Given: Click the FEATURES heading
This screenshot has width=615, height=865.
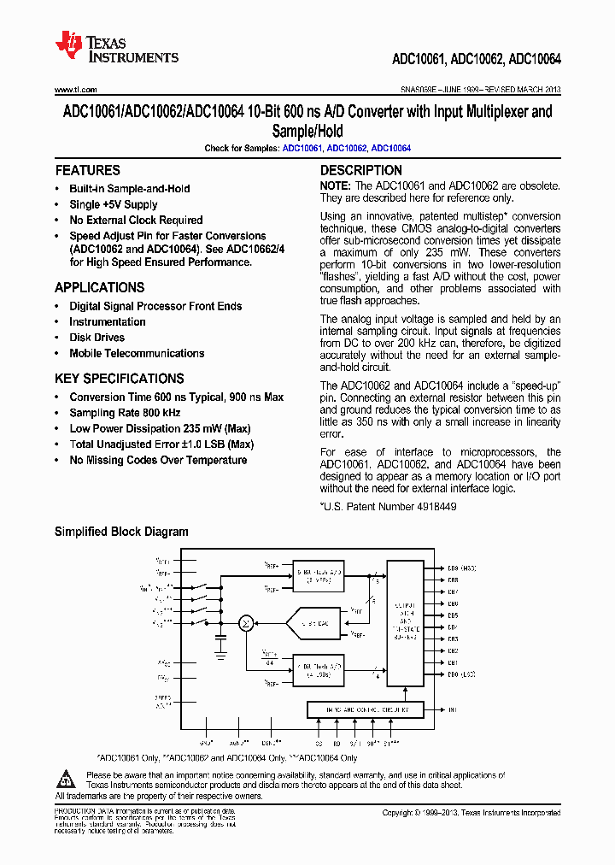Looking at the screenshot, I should [87, 170].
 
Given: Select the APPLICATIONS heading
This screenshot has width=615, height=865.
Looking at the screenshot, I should [99, 288].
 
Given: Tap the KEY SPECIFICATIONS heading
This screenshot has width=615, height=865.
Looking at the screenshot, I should [119, 379].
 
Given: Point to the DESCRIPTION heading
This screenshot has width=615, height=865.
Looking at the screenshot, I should [360, 170].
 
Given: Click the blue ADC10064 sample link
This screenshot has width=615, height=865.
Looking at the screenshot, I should [391, 148].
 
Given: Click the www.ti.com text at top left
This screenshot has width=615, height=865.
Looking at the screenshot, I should [75, 90].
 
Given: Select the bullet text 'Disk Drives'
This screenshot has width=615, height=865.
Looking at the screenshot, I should [97, 338].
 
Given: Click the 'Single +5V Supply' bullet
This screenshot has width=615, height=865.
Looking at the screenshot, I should [114, 204].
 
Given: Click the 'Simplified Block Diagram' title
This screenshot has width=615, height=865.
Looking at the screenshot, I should [121, 532].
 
